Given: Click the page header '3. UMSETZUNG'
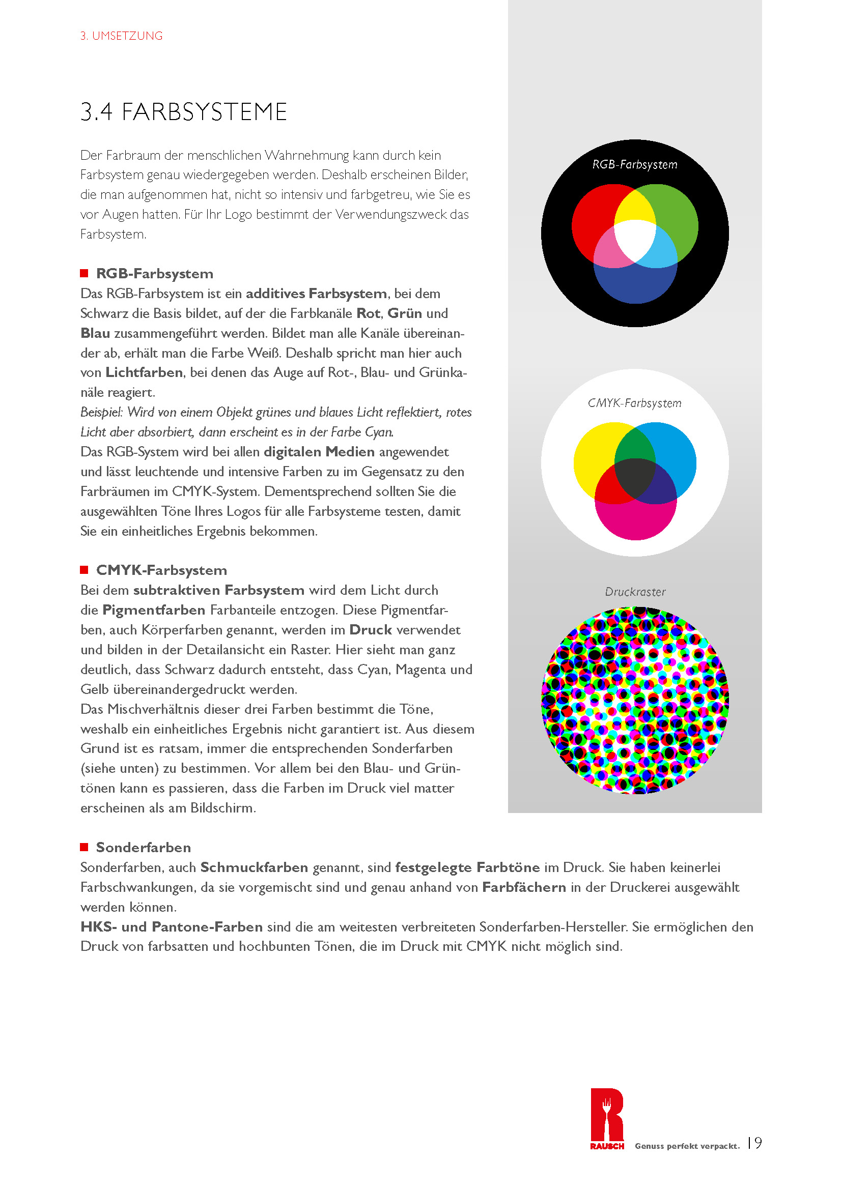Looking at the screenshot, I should tap(121, 36).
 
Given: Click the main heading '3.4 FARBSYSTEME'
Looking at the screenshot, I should tap(184, 112).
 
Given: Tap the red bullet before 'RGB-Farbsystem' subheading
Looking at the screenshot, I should tap(84, 273).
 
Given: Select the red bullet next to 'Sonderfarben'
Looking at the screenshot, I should tap(84, 847).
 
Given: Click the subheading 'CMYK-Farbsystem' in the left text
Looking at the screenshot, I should tap(161, 570).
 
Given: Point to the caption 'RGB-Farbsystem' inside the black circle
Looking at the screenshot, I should tap(635, 165).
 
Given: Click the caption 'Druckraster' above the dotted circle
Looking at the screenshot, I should tap(635, 592).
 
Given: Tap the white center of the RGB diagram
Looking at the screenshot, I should tap(635, 239).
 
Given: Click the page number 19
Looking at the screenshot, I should tap(755, 1143).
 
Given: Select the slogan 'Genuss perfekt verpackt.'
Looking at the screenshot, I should tap(687, 1146).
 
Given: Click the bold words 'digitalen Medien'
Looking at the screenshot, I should tap(319, 452).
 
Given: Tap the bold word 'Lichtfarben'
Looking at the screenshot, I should tap(144, 372).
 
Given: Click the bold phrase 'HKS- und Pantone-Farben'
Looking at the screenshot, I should tap(172, 926).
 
